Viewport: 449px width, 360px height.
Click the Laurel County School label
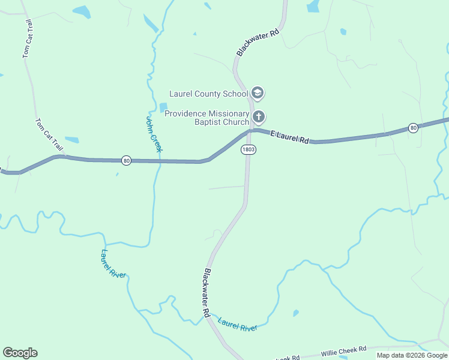[208, 94]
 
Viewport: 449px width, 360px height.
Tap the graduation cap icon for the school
[258, 93]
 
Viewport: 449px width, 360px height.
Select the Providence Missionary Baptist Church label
[206, 118]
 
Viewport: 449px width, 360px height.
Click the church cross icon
[259, 116]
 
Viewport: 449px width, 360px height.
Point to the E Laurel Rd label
[289, 137]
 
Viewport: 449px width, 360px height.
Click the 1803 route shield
[249, 149]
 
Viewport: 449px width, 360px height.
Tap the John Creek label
[154, 134]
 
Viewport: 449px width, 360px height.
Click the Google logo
[20, 353]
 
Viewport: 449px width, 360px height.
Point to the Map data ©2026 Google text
[412, 355]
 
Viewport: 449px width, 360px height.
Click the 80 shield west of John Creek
[125, 160]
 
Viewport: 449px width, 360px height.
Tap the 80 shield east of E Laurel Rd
[413, 128]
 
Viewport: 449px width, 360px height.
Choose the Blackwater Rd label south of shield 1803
[206, 292]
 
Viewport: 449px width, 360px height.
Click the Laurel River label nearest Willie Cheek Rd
[238, 324]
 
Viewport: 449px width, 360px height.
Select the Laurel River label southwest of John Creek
[113, 263]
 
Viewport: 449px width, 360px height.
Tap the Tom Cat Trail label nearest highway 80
[49, 134]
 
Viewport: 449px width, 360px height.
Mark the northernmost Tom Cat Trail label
[27, 38]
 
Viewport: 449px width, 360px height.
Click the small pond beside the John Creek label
[163, 107]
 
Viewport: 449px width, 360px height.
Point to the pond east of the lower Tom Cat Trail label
[71, 140]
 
